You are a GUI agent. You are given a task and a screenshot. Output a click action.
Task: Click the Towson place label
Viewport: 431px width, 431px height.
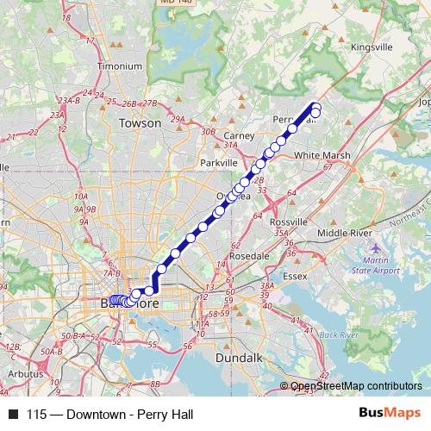pyautogui.click(x=140, y=123)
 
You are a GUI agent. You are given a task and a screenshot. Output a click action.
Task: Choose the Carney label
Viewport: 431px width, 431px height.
pyautogui.click(x=238, y=136)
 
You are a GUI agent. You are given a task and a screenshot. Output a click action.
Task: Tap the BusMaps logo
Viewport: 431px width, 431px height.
pyautogui.click(x=390, y=415)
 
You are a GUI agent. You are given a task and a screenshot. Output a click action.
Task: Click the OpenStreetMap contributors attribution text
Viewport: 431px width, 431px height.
pyautogui.click(x=353, y=386)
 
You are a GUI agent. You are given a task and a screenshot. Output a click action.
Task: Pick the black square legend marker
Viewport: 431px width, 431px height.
pyautogui.click(x=13, y=415)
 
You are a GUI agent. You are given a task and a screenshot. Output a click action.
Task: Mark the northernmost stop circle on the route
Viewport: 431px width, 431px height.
pyautogui.click(x=315, y=105)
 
